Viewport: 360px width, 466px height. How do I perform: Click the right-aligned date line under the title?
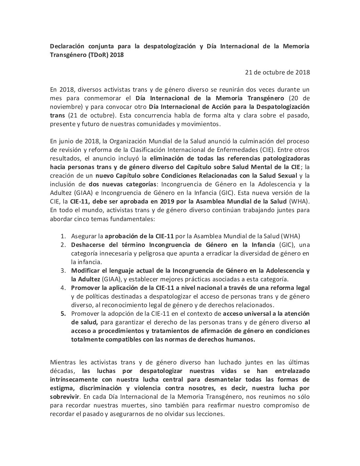point(277,72)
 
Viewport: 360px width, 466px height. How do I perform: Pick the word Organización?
point(127,141)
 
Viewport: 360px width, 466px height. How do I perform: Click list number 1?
point(63,236)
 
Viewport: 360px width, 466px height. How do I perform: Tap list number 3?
point(63,270)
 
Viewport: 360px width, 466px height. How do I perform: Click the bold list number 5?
point(63,313)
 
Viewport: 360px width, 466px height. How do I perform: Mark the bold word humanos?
point(239,339)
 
